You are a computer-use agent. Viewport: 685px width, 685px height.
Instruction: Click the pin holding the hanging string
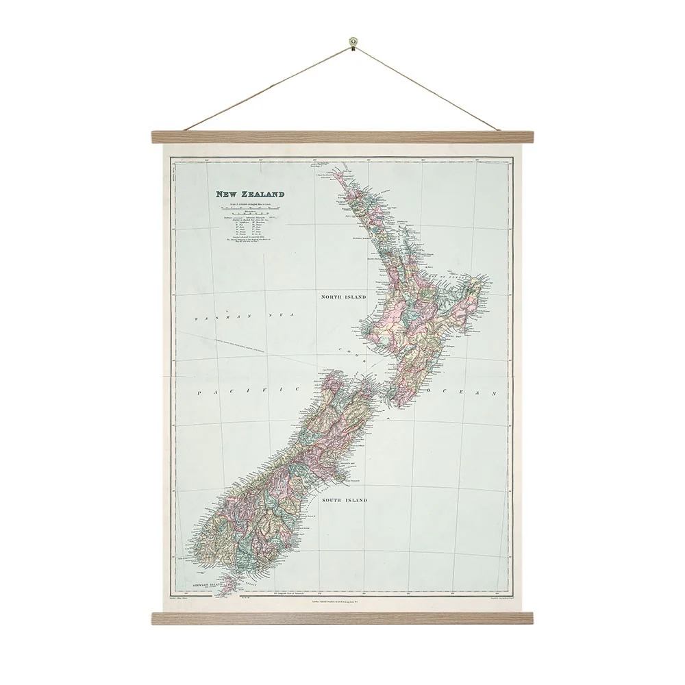(352, 42)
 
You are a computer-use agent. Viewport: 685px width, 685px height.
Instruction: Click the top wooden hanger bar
(341, 137)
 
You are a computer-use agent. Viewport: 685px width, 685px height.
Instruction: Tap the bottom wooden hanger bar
(341, 618)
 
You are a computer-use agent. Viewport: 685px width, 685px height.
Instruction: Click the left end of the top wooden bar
(153, 137)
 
